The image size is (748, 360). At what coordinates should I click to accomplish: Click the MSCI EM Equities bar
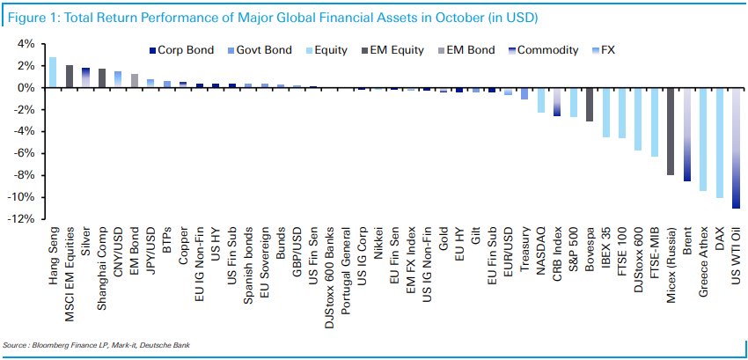[70, 77]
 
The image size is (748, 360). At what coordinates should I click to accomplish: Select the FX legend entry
[612, 51]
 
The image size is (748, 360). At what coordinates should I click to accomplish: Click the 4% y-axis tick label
[26, 44]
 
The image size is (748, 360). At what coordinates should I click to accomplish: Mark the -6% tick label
[24, 153]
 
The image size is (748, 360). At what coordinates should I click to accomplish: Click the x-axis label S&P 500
[573, 246]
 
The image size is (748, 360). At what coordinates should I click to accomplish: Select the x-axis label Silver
[85, 239]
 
